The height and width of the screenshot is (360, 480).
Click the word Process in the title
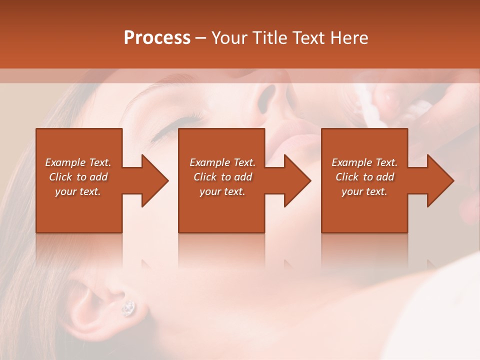(157, 38)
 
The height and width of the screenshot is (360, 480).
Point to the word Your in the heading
(230, 38)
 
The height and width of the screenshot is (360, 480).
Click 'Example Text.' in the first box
(78, 162)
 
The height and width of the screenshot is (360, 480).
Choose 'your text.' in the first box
(78, 191)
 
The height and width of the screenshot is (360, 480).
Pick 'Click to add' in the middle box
(222, 177)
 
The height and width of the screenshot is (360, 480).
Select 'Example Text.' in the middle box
(222, 162)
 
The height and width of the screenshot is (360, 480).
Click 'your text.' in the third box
(364, 191)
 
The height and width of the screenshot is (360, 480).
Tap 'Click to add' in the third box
(364, 177)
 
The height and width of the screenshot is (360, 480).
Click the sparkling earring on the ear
(128, 308)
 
